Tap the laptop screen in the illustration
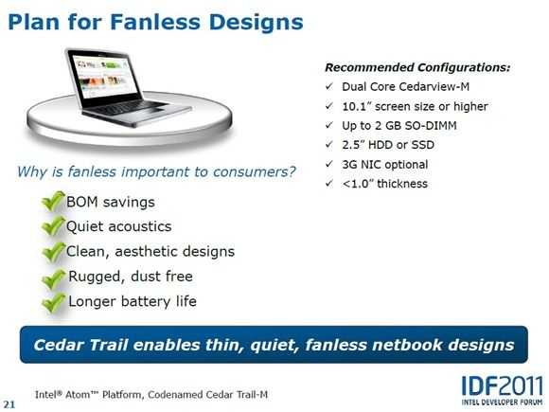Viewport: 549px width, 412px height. pyautogui.click(x=103, y=79)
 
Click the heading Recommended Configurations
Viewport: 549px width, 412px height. pyautogui.click(x=417, y=67)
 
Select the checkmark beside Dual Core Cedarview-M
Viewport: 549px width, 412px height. pyautogui.click(x=329, y=86)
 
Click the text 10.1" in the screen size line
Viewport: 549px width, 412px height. pyautogui.click(x=357, y=106)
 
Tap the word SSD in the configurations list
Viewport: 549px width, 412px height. pyautogui.click(x=422, y=145)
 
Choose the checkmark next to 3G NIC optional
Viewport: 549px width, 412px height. pyautogui.click(x=329, y=164)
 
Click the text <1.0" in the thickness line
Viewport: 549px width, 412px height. pyautogui.click(x=358, y=184)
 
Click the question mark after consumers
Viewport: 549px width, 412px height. pyautogui.click(x=291, y=171)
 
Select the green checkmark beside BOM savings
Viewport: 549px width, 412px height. pyautogui.click(x=53, y=202)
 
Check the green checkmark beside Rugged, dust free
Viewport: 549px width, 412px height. pyautogui.click(x=54, y=278)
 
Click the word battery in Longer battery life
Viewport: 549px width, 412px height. pyautogui.click(x=146, y=301)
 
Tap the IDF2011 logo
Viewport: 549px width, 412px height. pyautogui.click(x=503, y=389)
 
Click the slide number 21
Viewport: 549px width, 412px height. pyautogui.click(x=9, y=404)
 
